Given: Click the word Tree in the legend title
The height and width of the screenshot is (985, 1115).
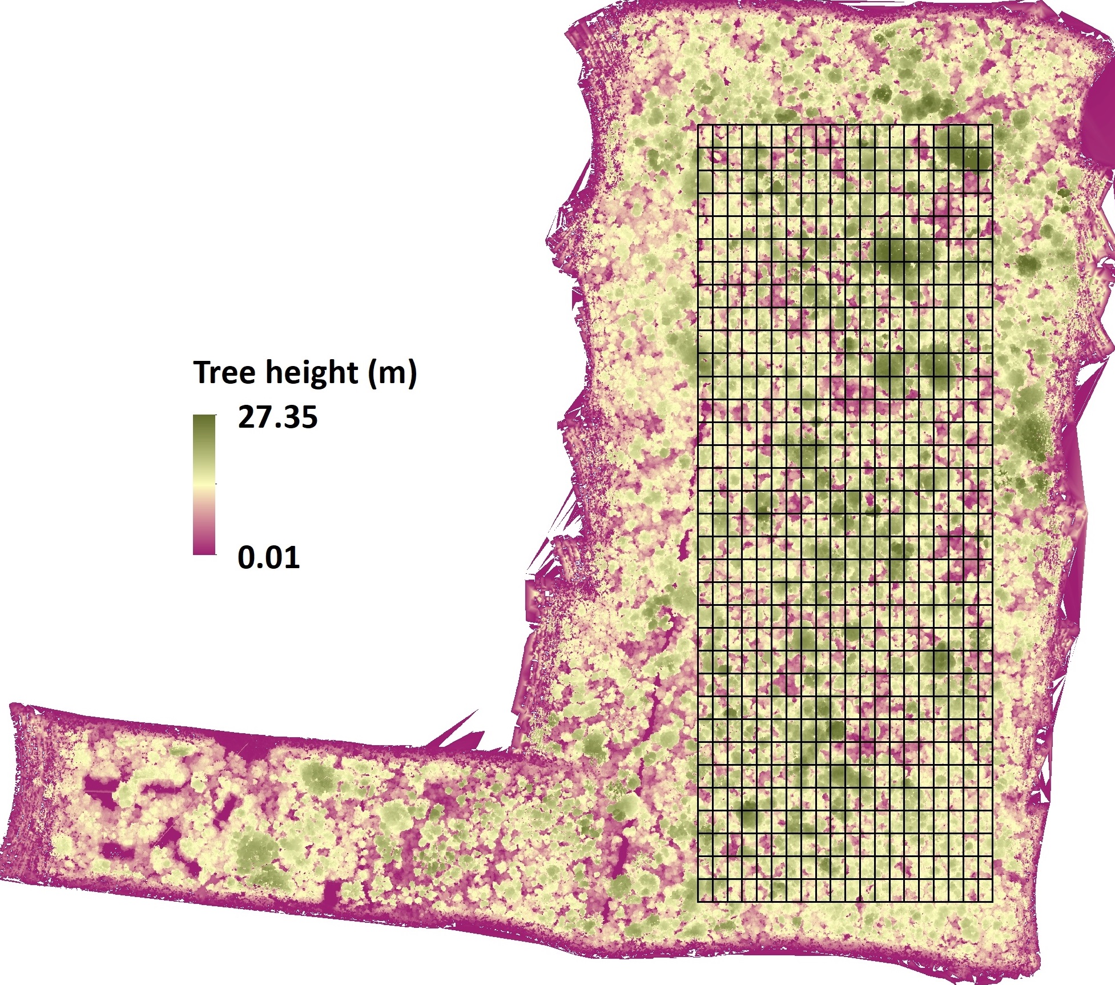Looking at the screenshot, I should point(224,372).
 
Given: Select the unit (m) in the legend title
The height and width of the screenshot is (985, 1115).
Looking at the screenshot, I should point(393,373).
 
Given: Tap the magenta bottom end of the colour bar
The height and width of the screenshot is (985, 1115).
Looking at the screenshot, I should point(204,549).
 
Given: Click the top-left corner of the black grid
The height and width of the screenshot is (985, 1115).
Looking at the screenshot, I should point(698,125).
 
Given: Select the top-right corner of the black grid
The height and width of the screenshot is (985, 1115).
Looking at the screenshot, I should point(993,125).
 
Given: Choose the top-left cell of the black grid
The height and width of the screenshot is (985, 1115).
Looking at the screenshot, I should point(706,136).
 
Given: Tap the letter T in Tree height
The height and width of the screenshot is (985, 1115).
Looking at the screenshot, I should point(203,372).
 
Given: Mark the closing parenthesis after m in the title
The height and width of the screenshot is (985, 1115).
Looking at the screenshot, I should point(412,373).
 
